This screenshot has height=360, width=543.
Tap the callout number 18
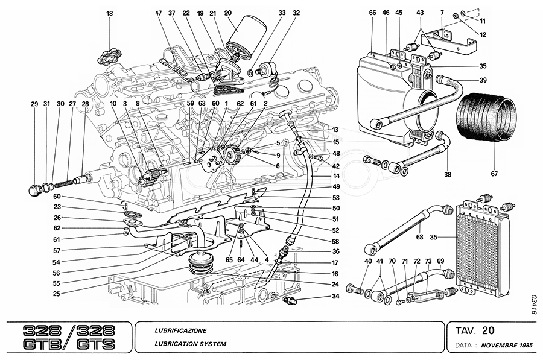point(109,13)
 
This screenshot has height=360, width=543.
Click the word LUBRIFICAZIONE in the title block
point(181,331)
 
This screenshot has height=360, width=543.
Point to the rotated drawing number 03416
point(534,304)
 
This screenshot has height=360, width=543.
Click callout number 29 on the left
point(34,104)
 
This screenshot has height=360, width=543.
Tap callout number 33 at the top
point(282,13)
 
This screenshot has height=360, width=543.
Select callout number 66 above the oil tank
point(372,13)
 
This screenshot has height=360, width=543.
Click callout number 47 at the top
point(159,13)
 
